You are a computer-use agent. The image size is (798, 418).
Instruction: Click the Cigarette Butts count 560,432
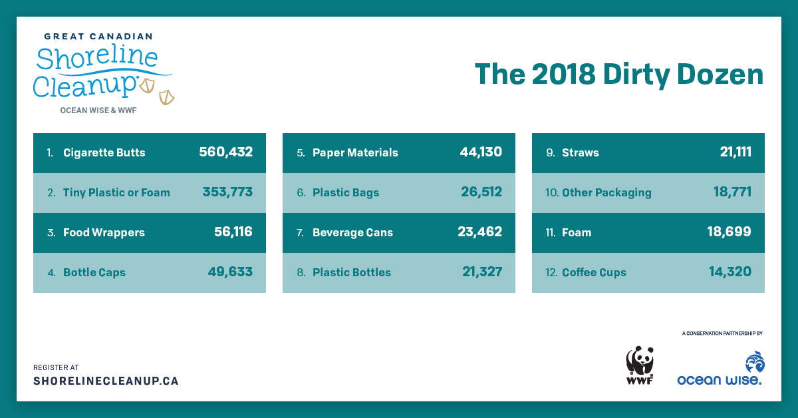click(226, 152)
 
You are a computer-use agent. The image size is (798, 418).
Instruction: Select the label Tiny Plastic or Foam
click(116, 192)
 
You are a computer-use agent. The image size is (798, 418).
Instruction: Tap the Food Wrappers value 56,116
click(233, 232)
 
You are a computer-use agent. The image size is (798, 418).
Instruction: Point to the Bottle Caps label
click(94, 272)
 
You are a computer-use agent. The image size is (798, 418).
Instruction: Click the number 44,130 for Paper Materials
click(481, 152)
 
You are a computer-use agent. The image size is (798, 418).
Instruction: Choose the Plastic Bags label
click(346, 192)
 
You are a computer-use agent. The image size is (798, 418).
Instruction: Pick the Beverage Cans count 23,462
click(480, 232)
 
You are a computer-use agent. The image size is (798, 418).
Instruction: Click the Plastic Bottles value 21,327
click(482, 272)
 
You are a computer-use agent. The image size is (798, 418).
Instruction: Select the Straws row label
click(581, 152)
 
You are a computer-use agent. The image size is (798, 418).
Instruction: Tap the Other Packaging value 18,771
click(732, 192)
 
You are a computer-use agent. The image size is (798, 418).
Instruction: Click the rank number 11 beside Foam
click(551, 232)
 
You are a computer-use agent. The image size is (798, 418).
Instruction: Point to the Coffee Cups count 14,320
click(730, 272)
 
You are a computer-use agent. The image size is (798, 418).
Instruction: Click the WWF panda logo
click(640, 365)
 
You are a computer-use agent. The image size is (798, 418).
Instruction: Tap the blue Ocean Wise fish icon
click(755, 362)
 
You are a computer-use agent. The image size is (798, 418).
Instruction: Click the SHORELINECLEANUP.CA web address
click(106, 381)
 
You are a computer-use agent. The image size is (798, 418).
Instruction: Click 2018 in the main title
click(564, 75)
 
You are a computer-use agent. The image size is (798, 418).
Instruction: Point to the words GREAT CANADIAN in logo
click(98, 37)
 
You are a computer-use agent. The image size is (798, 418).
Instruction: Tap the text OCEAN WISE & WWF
click(98, 110)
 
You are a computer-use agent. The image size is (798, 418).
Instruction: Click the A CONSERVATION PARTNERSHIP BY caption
click(722, 333)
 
